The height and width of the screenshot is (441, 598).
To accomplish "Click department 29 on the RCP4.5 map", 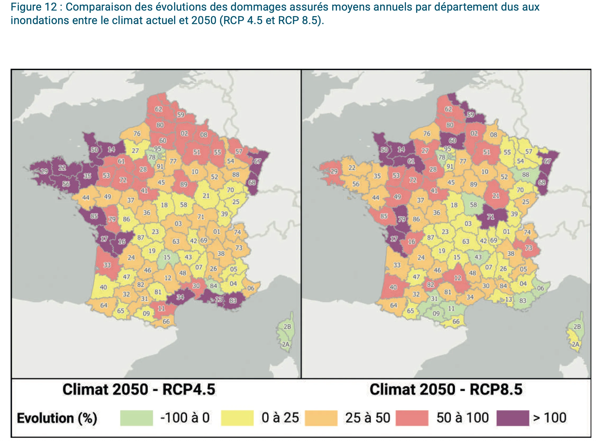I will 44,171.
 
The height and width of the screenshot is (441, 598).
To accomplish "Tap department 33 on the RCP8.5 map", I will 397,265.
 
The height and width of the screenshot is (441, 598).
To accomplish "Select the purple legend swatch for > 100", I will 513,418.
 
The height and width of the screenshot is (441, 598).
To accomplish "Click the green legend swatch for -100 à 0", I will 137,418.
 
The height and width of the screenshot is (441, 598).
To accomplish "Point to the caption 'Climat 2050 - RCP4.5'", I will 139,389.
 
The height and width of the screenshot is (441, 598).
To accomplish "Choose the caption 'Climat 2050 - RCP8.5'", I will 446,389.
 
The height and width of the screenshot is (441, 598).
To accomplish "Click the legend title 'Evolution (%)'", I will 57,418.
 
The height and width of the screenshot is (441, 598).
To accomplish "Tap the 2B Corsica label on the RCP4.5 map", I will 287,327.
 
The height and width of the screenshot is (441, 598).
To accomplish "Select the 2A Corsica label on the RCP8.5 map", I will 575,344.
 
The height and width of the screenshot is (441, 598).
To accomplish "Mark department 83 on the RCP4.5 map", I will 233,301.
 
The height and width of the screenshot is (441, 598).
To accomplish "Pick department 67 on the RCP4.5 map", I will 257,161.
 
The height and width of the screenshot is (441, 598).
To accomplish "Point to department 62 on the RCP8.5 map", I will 448,109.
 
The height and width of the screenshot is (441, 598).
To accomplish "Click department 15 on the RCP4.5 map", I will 167,257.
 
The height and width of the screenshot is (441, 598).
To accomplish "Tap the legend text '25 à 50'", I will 368,418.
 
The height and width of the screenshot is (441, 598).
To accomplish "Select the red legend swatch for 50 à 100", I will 412,418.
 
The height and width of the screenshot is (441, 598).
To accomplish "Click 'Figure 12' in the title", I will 34,7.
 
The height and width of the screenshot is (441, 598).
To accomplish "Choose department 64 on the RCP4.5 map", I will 104,305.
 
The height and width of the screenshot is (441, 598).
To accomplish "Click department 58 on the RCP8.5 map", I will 473,205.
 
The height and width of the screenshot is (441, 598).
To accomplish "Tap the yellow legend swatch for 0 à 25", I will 237,418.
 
